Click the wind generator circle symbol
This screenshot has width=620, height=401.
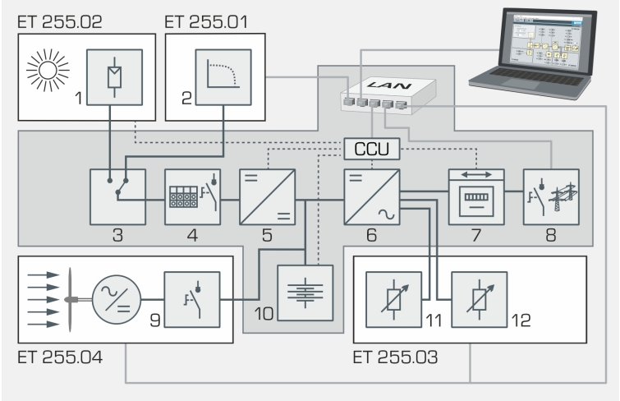pyautogui.click(x=115, y=295)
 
